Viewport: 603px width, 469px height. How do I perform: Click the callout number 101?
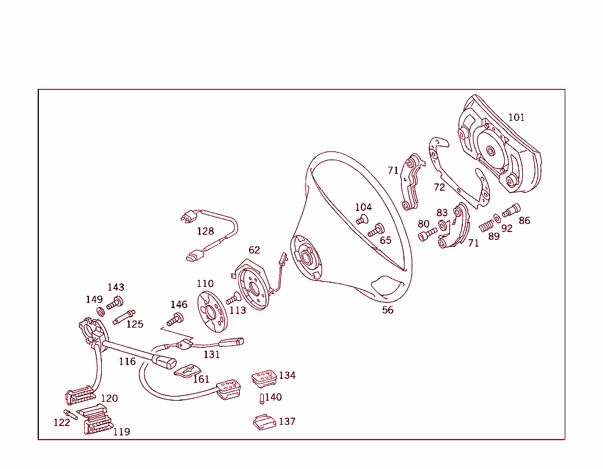coord(516,117)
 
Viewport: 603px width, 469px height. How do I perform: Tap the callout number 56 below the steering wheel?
coord(387,310)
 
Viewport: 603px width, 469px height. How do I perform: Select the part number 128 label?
coord(206,231)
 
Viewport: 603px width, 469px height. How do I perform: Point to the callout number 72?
coord(439,187)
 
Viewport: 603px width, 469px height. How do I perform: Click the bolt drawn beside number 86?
coord(511,210)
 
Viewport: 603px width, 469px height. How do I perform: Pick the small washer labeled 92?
coord(498,219)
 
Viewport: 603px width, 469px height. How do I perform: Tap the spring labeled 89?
coord(486,225)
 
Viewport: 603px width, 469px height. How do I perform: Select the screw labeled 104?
coord(362,220)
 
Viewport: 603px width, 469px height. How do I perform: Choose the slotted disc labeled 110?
coord(210,309)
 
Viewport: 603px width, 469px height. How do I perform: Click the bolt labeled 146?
coord(175,319)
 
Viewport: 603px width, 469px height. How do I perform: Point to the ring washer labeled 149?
coord(101,311)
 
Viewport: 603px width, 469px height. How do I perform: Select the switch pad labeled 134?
coord(264,378)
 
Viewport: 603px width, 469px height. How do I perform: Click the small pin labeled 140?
coord(261,399)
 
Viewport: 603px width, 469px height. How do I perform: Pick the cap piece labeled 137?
coord(264,422)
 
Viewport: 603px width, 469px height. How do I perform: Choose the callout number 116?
coord(127,361)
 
